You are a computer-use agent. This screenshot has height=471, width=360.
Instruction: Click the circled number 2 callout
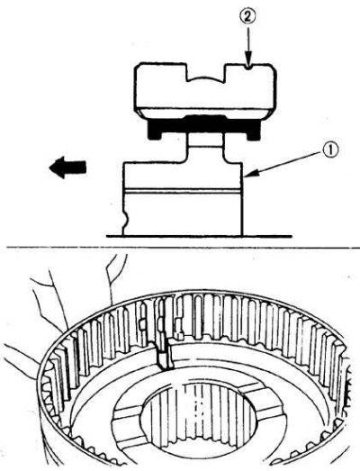[247, 17]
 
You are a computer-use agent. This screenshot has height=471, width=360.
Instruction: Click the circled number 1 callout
[329, 150]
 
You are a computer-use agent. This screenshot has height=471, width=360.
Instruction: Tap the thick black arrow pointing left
[67, 168]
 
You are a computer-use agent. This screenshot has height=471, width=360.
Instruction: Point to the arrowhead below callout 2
[247, 60]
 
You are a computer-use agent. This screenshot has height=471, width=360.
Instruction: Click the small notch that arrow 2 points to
[247, 67]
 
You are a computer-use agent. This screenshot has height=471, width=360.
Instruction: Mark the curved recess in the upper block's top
[205, 78]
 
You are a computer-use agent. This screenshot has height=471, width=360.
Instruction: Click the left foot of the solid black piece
[155, 133]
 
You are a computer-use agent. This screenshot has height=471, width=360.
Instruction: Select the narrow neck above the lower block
[205, 148]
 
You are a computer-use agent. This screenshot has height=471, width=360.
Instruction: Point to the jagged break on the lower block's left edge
[124, 219]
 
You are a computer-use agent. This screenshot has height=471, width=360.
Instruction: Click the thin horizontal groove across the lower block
[183, 191]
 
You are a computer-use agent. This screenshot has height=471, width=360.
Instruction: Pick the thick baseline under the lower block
[199, 236]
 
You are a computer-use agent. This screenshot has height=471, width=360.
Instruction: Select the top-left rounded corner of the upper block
[139, 68]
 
